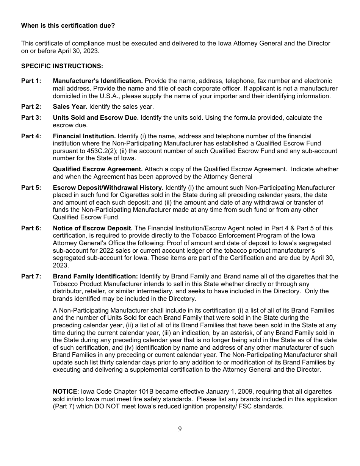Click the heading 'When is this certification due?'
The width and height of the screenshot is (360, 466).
pos(68,26)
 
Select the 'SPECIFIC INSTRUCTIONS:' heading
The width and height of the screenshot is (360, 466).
pos(62,66)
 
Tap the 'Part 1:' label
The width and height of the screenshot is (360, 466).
pos(31,81)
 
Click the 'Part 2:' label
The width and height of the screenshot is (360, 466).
pos(31,107)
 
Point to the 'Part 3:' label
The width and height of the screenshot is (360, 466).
pos(31,118)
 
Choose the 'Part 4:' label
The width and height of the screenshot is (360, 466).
pos(31,136)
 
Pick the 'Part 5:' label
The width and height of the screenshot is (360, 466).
pos(31,188)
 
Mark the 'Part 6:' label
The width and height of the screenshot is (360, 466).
pos(31,228)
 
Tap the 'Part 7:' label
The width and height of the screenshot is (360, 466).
pos(31,277)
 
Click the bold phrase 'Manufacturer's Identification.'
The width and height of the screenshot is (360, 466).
pos(98,81)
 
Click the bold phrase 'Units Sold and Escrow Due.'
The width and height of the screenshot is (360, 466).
pos(96,118)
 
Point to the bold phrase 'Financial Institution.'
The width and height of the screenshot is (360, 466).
pos(84,136)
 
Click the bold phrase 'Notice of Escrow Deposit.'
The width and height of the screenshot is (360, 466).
pos(93,228)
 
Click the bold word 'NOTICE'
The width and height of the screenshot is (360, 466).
pos(65,392)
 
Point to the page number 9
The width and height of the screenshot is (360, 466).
pos(180,429)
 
